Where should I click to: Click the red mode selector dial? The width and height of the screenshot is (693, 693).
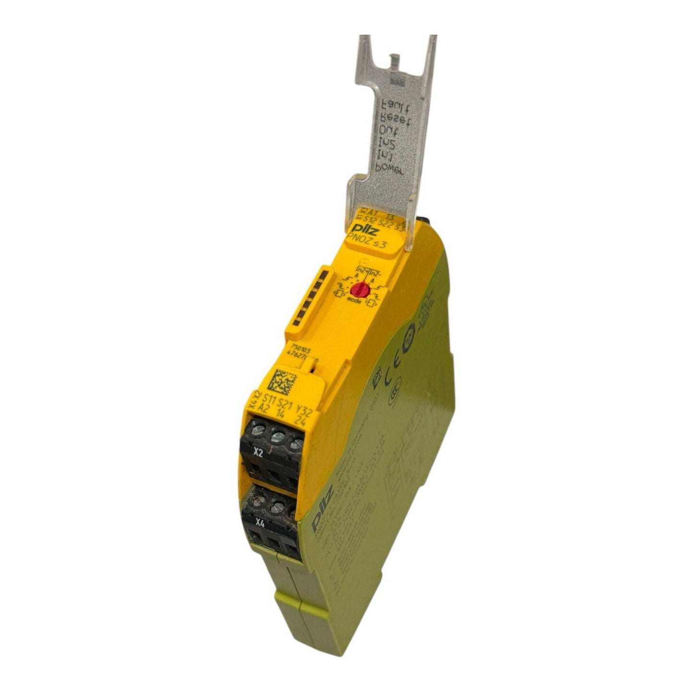coord(360,289)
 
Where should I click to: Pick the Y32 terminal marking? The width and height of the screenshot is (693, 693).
coord(305,410)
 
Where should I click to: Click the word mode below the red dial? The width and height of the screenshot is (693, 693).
coord(354,301)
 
